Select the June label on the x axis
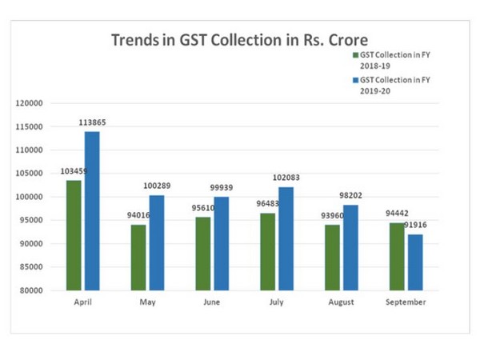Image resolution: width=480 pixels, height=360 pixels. [212, 302]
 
